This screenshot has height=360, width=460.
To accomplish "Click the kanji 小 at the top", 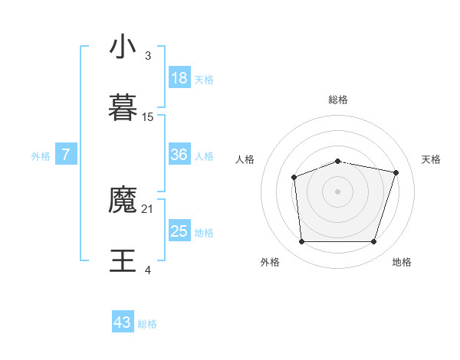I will tap(123, 47).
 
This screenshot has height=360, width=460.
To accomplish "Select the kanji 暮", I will tap(123, 107).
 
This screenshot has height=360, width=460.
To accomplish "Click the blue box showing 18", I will tap(179, 78).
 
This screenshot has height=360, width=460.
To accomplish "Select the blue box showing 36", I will tap(179, 155).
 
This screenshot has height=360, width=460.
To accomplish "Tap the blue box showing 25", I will tap(179, 231).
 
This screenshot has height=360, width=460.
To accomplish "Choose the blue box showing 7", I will tap(66, 155).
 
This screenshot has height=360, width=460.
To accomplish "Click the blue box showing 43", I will tap(123, 322).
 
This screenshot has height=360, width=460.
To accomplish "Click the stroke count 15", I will tap(148, 116).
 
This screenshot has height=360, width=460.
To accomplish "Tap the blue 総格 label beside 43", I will tap(147, 324).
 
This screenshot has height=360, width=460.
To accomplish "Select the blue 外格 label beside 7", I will tap(41, 156).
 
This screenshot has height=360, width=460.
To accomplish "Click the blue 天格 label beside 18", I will tap(204, 80).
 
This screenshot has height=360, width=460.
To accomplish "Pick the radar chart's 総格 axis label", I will tap(338, 100).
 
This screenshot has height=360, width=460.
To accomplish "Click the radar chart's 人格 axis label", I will tap(245, 159).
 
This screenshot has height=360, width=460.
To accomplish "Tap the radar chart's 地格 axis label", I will tap(402, 262).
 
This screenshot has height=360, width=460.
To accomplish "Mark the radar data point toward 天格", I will tap(396, 172).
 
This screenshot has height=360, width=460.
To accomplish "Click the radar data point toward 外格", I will tap(301, 242).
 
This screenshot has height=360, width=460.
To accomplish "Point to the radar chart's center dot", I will tap(337, 191).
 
